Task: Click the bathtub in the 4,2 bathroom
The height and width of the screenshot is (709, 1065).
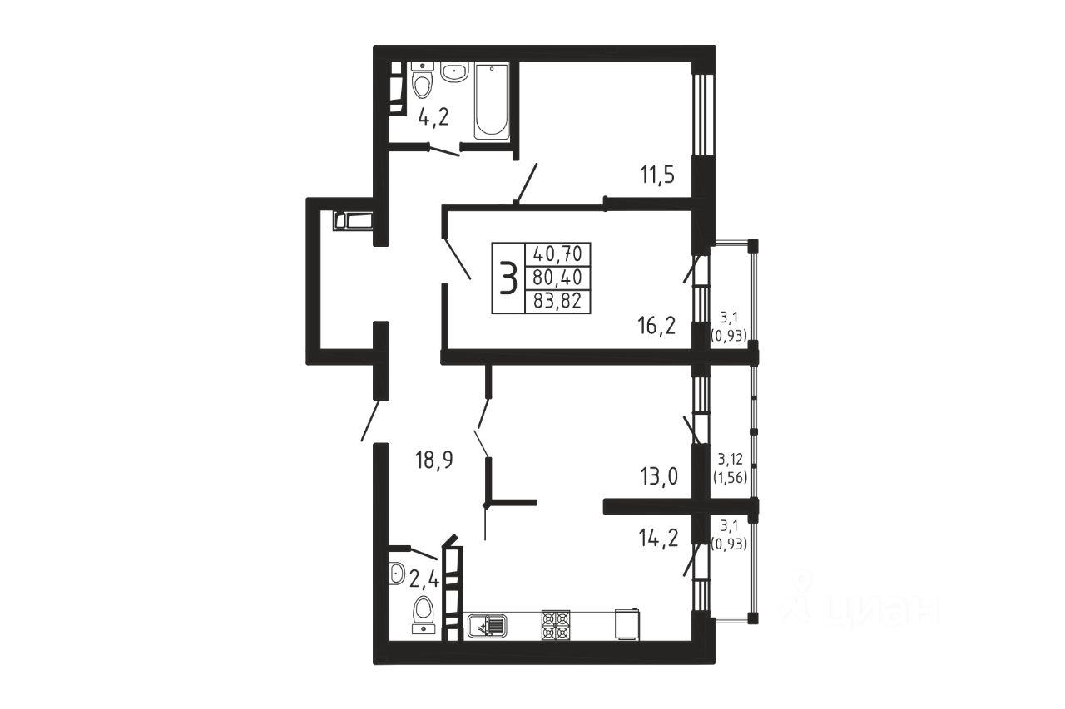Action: pyautogui.click(x=492, y=101)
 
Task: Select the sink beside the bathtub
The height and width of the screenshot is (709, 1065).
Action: pyautogui.click(x=454, y=71)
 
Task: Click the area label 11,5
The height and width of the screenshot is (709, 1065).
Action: pyautogui.click(x=657, y=175)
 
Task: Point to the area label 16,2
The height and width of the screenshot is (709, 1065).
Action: pyautogui.click(x=656, y=326)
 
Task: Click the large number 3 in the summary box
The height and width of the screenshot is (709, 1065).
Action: pyautogui.click(x=508, y=278)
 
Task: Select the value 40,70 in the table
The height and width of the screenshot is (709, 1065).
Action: pyautogui.click(x=557, y=254)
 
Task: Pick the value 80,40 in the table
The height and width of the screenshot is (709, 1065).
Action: pyautogui.click(x=557, y=278)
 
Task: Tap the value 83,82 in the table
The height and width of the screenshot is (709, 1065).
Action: pyautogui.click(x=557, y=301)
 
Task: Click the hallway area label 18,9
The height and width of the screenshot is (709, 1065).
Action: pyautogui.click(x=433, y=460)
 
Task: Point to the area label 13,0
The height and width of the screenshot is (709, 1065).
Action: pyautogui.click(x=658, y=476)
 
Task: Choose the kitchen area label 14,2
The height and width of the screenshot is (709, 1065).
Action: pyautogui.click(x=658, y=539)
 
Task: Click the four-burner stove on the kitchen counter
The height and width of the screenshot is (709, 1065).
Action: pyautogui.click(x=555, y=625)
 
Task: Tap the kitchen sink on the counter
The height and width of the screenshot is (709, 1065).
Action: pyautogui.click(x=488, y=626)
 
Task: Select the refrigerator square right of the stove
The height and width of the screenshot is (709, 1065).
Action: pyautogui.click(x=627, y=624)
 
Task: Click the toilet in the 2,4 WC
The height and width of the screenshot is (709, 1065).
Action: pyautogui.click(x=424, y=614)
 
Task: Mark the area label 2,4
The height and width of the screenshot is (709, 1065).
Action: pyautogui.click(x=424, y=579)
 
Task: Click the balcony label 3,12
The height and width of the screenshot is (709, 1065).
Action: pyautogui.click(x=731, y=459)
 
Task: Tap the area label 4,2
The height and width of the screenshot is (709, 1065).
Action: pyautogui.click(x=433, y=116)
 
